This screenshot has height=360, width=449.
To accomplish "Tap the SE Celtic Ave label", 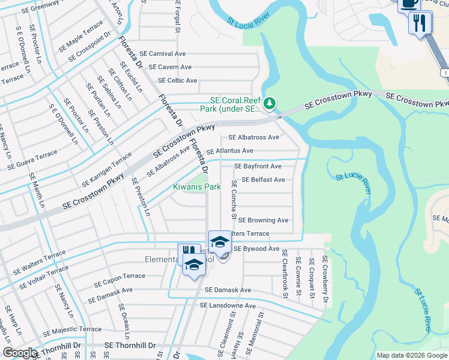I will (177, 80).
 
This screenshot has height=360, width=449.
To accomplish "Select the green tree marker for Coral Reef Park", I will (270, 104).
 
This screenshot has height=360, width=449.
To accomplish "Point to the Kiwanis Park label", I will (197, 187).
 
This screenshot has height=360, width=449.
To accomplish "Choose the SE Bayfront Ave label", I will (258, 166).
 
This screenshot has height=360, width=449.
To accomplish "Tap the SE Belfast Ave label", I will (263, 180).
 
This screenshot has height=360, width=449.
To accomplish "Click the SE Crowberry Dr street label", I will (325, 280).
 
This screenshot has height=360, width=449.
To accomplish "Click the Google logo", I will (20, 353).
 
